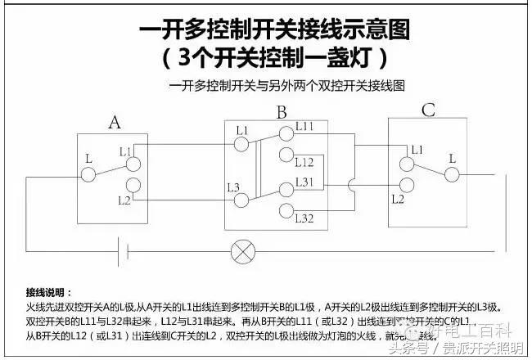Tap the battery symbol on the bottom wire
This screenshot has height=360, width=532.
121,251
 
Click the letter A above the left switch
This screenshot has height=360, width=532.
115,123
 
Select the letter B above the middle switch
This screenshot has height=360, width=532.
282,111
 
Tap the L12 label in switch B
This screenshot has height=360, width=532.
304,162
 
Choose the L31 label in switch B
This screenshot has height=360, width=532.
304,181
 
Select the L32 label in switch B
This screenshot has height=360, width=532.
304,218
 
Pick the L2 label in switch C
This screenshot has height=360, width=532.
398,198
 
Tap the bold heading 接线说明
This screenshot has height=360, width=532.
48,292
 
